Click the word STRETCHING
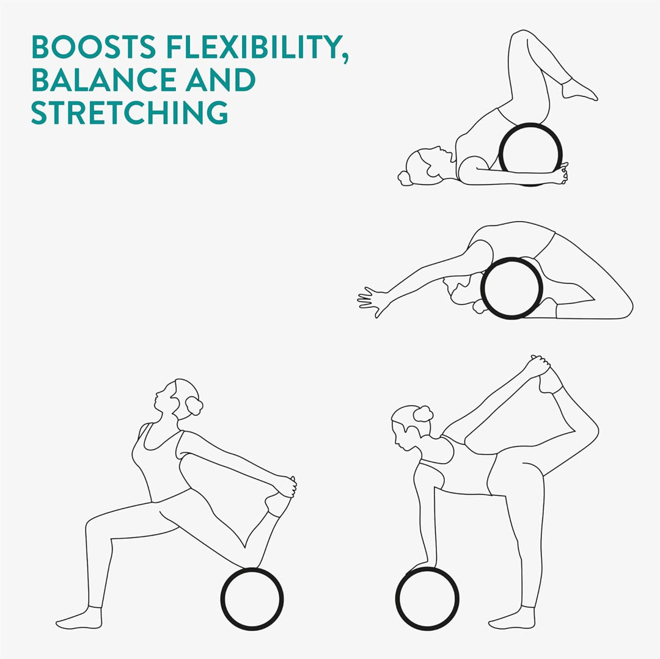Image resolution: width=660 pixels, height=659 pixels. (x=130, y=113)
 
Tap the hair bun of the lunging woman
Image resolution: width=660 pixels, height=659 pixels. (x=194, y=406)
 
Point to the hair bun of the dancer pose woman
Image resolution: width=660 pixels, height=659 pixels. (x=423, y=414)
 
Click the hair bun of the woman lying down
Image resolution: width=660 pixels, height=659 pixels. (x=406, y=178)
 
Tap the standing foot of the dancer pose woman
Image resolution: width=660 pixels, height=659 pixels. (x=512, y=618)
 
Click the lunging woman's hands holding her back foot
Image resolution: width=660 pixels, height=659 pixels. (x=286, y=486)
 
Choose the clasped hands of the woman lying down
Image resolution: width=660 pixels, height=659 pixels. (x=560, y=174)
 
